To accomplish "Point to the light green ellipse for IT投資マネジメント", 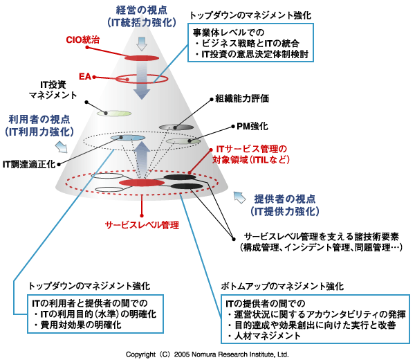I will [113, 112].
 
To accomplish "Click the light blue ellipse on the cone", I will [127, 139].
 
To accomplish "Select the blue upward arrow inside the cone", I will [141, 156].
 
